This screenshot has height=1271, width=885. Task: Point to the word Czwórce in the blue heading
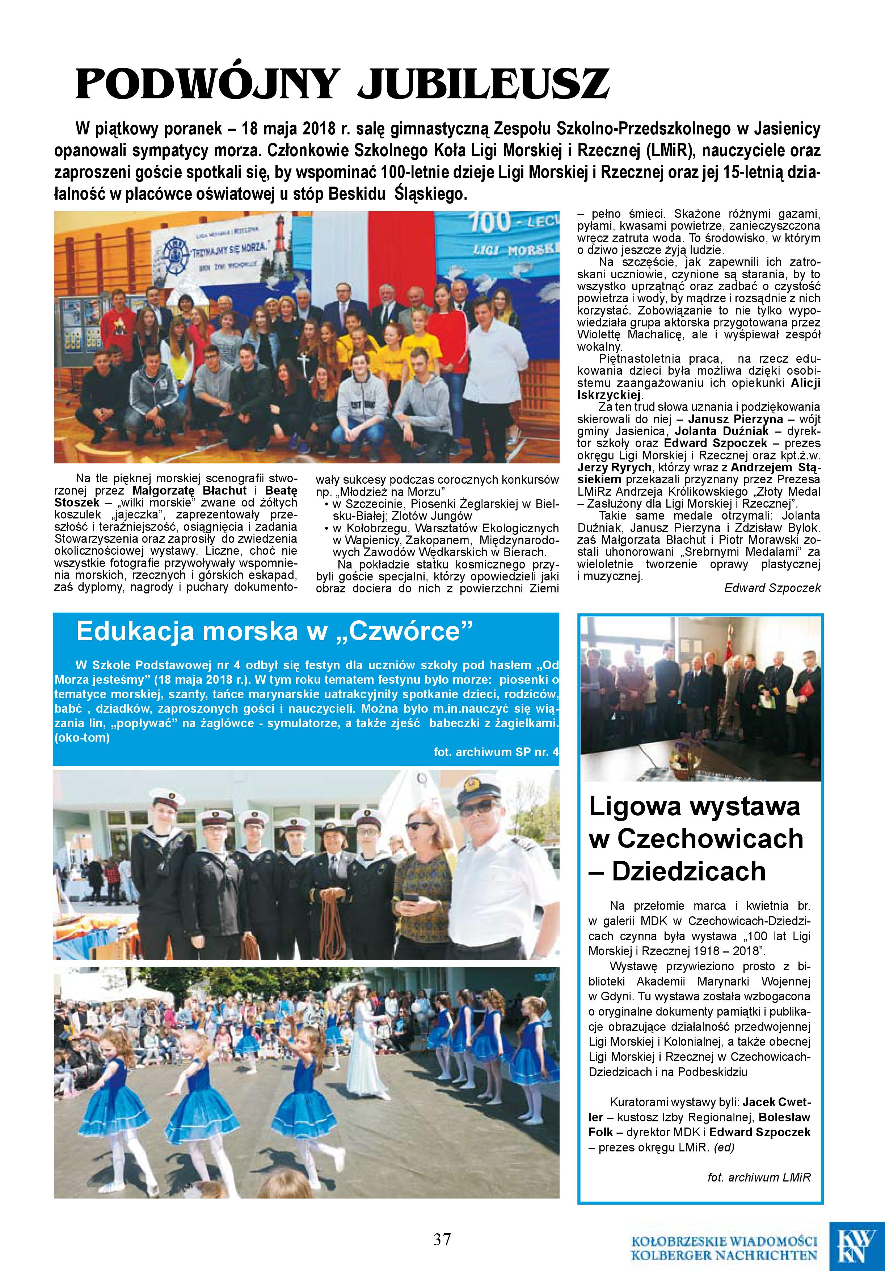tap(405, 632)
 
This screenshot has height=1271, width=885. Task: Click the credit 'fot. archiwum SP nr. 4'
tap(496, 752)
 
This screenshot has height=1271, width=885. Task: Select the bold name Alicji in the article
tap(806, 383)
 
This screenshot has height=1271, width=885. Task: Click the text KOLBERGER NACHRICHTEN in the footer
tap(725, 1254)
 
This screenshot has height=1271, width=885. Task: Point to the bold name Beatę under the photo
tap(281, 491)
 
